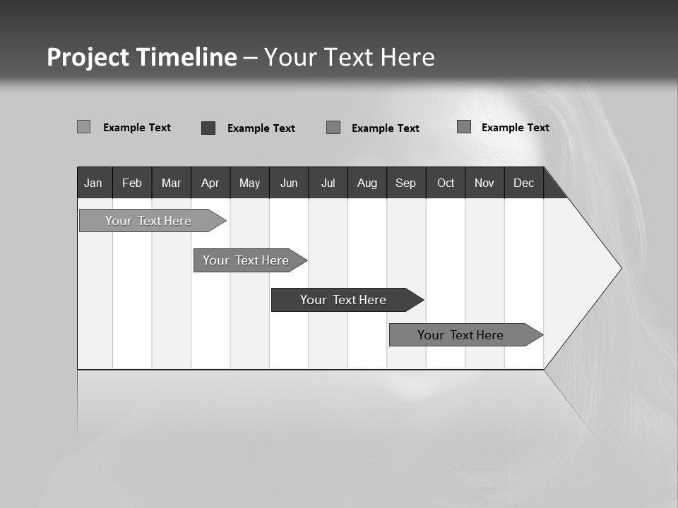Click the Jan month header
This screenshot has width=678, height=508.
click(94, 183)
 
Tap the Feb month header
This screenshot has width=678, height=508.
click(132, 183)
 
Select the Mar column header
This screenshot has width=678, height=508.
click(171, 183)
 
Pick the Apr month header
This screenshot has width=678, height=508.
click(210, 183)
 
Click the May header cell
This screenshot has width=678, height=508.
click(249, 183)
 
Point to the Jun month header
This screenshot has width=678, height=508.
click(289, 183)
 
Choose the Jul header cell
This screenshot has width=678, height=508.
click(328, 183)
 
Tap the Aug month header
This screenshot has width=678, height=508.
click(367, 183)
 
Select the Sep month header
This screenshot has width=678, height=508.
click(406, 183)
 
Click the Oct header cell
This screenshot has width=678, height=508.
click(446, 183)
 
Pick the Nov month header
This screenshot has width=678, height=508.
click(484, 183)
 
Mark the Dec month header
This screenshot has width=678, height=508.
click(524, 183)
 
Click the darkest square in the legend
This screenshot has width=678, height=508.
click(208, 128)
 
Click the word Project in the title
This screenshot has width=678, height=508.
click(88, 57)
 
